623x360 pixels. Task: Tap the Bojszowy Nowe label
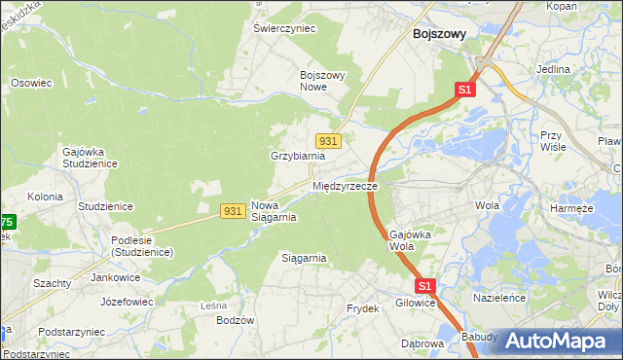click(325, 81)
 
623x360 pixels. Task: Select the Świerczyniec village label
click(284, 29)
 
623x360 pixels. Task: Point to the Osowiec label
click(30, 83)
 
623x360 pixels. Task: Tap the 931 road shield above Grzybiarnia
click(327, 141)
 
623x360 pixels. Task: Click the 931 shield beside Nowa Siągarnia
click(232, 210)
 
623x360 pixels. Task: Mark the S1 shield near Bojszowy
click(464, 90)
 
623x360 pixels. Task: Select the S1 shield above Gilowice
click(424, 286)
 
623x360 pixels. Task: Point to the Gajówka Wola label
click(409, 240)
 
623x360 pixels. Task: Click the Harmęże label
click(571, 208)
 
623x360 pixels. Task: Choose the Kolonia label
click(45, 197)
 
